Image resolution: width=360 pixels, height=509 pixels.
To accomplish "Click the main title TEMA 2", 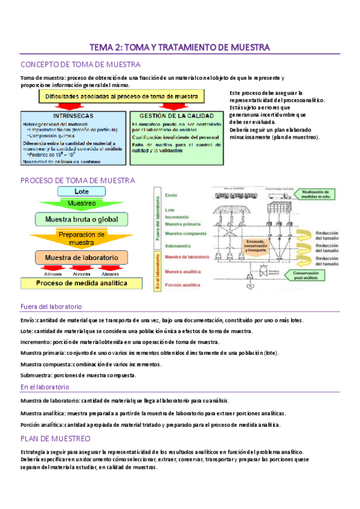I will click(x=179, y=47).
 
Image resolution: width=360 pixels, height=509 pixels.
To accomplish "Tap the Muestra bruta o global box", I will click(x=82, y=218).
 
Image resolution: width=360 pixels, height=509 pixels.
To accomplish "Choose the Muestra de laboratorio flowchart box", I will click(x=82, y=257).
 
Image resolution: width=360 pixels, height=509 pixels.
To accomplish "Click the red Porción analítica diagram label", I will click(x=182, y=285).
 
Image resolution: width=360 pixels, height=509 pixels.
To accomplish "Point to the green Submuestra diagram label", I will click(x=180, y=244).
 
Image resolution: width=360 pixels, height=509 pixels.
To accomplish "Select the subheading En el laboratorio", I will click(x=44, y=388).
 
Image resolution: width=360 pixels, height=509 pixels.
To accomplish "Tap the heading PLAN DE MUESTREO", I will click(x=55, y=438).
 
